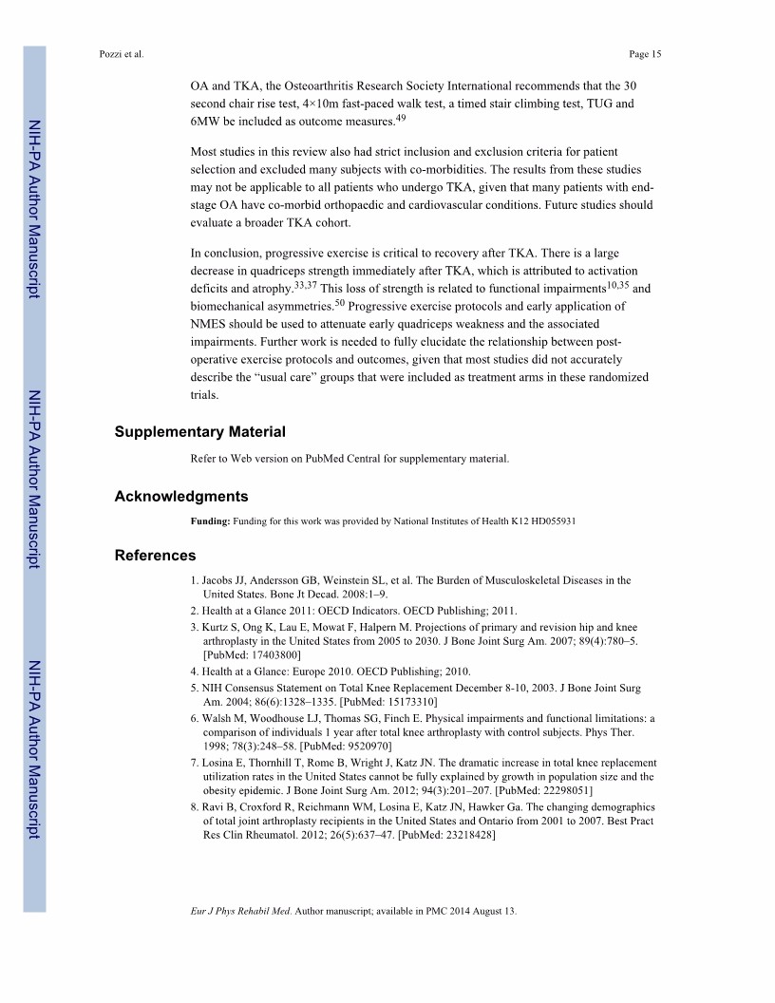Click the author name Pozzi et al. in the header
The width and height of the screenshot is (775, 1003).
(122, 54)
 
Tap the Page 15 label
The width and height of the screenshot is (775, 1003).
(645, 54)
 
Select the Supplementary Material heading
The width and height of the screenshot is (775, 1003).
(199, 432)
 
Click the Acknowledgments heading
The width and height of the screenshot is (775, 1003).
(181, 496)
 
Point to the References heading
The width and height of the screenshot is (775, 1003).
(155, 556)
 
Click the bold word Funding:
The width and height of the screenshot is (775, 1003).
(210, 521)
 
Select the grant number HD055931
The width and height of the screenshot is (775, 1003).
(549, 521)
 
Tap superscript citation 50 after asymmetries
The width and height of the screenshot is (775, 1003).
(339, 303)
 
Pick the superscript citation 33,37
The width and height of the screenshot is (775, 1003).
(305, 284)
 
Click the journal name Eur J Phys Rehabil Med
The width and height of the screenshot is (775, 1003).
(241, 912)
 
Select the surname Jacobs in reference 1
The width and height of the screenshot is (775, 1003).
(217, 580)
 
